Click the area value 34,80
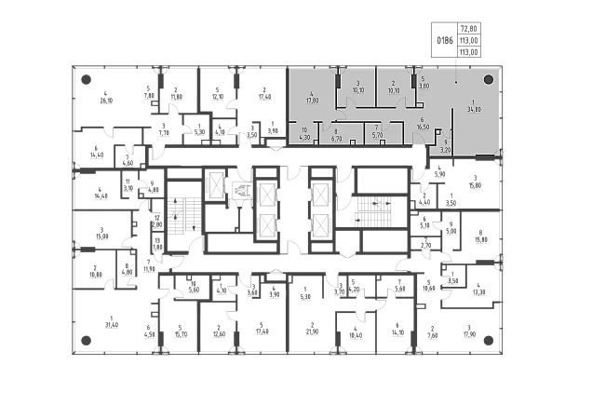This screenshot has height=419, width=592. point(474,109)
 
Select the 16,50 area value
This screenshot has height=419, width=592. point(423,125)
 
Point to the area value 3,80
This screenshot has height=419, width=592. point(424,86)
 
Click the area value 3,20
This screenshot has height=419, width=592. point(445,149)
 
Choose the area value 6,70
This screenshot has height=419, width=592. point(337,138)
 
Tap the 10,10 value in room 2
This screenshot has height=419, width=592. point(394,91)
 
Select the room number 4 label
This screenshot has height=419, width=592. point(311,93)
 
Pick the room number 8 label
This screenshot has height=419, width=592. point(335,131)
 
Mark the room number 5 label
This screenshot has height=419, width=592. point(423,79)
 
